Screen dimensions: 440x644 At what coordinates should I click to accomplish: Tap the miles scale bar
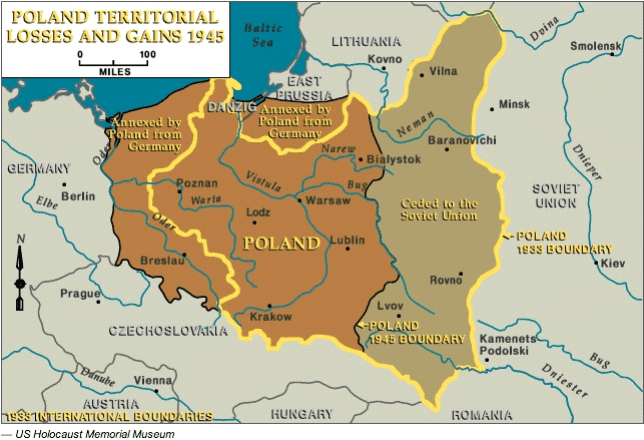(x=112, y=60)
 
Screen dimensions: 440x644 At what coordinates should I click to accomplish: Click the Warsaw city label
(x=328, y=200)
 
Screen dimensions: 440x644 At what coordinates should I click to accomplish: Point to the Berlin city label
(x=77, y=196)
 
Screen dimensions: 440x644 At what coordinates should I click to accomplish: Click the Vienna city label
(x=153, y=380)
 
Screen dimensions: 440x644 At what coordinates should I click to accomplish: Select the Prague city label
(x=80, y=293)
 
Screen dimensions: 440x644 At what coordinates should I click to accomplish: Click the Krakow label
(x=271, y=317)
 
